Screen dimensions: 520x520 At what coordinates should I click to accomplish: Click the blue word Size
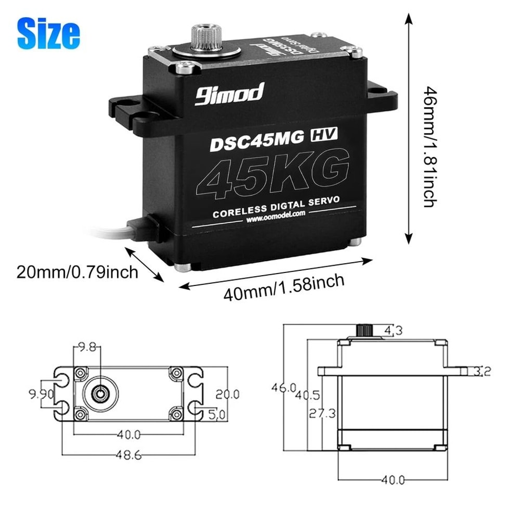click(48, 33)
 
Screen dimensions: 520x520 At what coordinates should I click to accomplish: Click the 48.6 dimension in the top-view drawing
click(128, 454)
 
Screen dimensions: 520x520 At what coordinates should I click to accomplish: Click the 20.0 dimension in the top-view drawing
click(228, 394)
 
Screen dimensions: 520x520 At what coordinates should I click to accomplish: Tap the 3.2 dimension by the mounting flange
click(484, 371)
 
